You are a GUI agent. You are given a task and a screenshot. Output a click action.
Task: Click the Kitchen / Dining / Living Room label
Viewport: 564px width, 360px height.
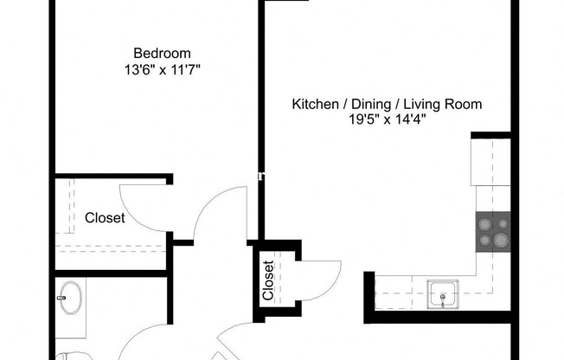(x=386, y=105)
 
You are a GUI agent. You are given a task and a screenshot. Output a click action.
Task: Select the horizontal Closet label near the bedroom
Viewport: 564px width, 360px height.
(x=104, y=218)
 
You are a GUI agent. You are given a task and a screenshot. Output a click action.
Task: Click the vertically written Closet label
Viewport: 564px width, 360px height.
(x=268, y=281)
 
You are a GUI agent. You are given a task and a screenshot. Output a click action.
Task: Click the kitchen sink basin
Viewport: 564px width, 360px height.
(x=443, y=294)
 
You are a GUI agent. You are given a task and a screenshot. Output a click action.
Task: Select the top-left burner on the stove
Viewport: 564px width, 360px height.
(x=484, y=221)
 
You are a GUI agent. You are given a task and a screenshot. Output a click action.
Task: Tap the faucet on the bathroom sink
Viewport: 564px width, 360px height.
(x=61, y=299)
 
